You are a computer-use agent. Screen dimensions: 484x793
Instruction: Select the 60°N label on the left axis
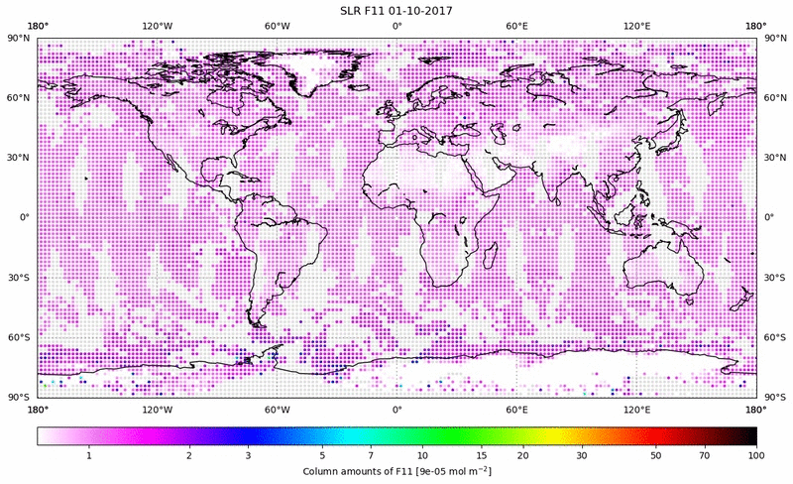[x=18, y=97]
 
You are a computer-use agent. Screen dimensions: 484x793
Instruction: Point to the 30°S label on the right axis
[x=775, y=279]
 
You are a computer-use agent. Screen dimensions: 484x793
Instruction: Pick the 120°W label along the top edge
[x=157, y=26]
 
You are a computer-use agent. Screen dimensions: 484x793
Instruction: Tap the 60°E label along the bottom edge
[x=516, y=410]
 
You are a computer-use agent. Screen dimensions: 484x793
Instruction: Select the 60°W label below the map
[x=277, y=410]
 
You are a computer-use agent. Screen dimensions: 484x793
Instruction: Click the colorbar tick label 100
[x=756, y=455]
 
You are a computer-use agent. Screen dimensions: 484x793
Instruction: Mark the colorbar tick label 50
[x=656, y=455]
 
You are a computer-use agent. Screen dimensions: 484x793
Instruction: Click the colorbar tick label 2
[x=187, y=455]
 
